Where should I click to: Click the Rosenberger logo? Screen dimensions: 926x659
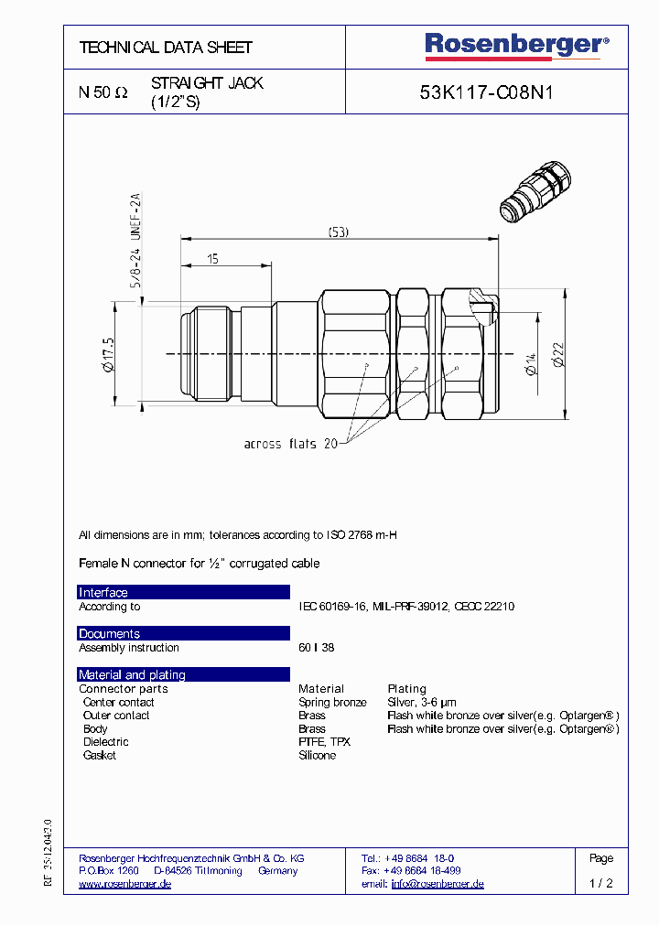coord(515,45)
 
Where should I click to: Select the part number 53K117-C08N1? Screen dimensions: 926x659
coord(486,92)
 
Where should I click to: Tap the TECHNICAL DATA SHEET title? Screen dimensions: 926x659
coord(166,47)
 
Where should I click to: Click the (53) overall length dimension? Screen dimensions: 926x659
coord(338,232)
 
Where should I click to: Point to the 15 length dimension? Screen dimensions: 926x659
coord(212,259)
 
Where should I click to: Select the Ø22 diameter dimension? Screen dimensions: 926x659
coord(558,352)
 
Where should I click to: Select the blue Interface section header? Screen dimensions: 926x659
coord(183,592)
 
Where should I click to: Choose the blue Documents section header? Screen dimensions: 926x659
coord(183,633)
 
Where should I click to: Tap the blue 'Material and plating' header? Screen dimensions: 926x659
coord(183,674)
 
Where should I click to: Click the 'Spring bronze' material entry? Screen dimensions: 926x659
coord(332,702)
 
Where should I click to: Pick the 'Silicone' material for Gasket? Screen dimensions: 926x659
coord(317,755)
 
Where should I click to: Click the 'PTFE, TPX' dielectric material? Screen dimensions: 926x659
coord(324,741)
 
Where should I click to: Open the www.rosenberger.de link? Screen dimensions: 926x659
coord(125,884)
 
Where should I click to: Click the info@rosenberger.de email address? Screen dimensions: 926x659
coord(438,884)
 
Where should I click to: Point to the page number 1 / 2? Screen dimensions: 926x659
coord(601,884)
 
